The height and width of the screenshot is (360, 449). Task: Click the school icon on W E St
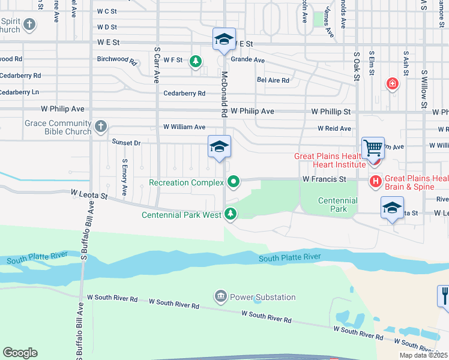[x=224, y=40]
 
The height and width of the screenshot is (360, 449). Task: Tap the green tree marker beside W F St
[x=195, y=61]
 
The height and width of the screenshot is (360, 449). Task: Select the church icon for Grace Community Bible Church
[x=101, y=127]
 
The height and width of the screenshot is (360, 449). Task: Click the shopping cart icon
[x=373, y=146]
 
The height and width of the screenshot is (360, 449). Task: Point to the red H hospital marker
[x=376, y=180]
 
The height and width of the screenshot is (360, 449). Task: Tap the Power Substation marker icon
[x=220, y=296]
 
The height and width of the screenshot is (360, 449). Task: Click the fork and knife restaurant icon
[x=444, y=296]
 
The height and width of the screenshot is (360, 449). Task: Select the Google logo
[x=20, y=353]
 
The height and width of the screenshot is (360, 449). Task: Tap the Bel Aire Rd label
[x=273, y=80]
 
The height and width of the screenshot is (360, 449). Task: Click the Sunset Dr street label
[x=126, y=143]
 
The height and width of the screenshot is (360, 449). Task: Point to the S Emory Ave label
[x=124, y=177]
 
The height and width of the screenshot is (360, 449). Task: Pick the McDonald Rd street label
[x=224, y=95]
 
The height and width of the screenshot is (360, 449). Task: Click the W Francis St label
[x=324, y=179]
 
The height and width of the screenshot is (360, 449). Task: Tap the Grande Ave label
[x=248, y=60]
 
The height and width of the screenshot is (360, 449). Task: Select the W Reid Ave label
[x=334, y=128]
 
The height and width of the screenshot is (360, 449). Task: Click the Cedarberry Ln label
[x=19, y=92]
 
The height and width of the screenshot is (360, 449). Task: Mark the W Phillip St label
[x=331, y=112]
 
